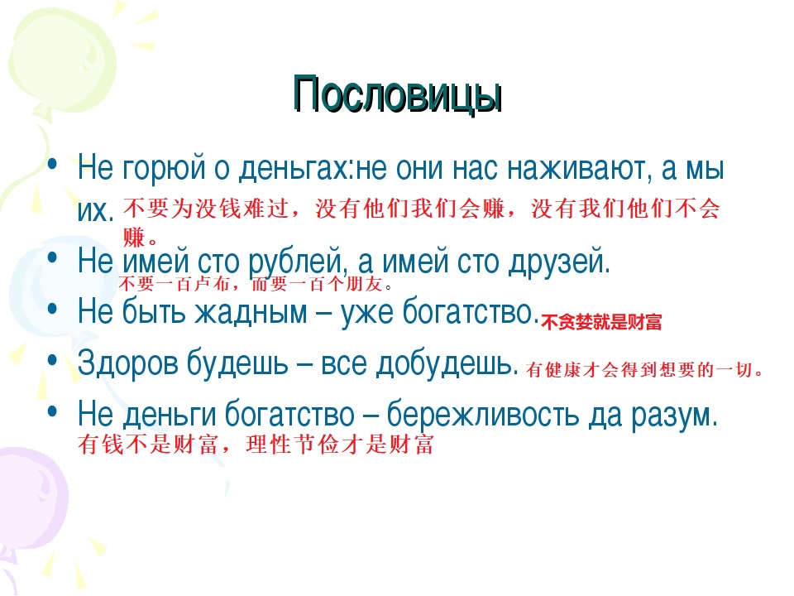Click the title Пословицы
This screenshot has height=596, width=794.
click(x=398, y=94)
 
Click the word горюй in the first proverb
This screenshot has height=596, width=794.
click(x=164, y=168)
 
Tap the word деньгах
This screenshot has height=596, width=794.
click(x=294, y=168)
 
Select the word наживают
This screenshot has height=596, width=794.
click(x=577, y=168)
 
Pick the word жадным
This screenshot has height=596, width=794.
click(x=251, y=311)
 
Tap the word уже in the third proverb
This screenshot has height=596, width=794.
click(x=366, y=312)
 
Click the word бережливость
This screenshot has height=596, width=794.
click(x=482, y=415)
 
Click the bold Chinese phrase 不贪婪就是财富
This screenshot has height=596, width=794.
click(x=601, y=322)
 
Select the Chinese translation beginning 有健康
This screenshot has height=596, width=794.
click(x=644, y=369)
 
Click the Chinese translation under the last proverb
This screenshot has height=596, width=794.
click(x=256, y=445)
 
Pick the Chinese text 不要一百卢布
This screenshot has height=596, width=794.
click(x=175, y=284)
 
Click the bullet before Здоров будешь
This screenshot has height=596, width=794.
click(x=52, y=361)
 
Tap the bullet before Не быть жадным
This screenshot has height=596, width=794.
click(x=52, y=309)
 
